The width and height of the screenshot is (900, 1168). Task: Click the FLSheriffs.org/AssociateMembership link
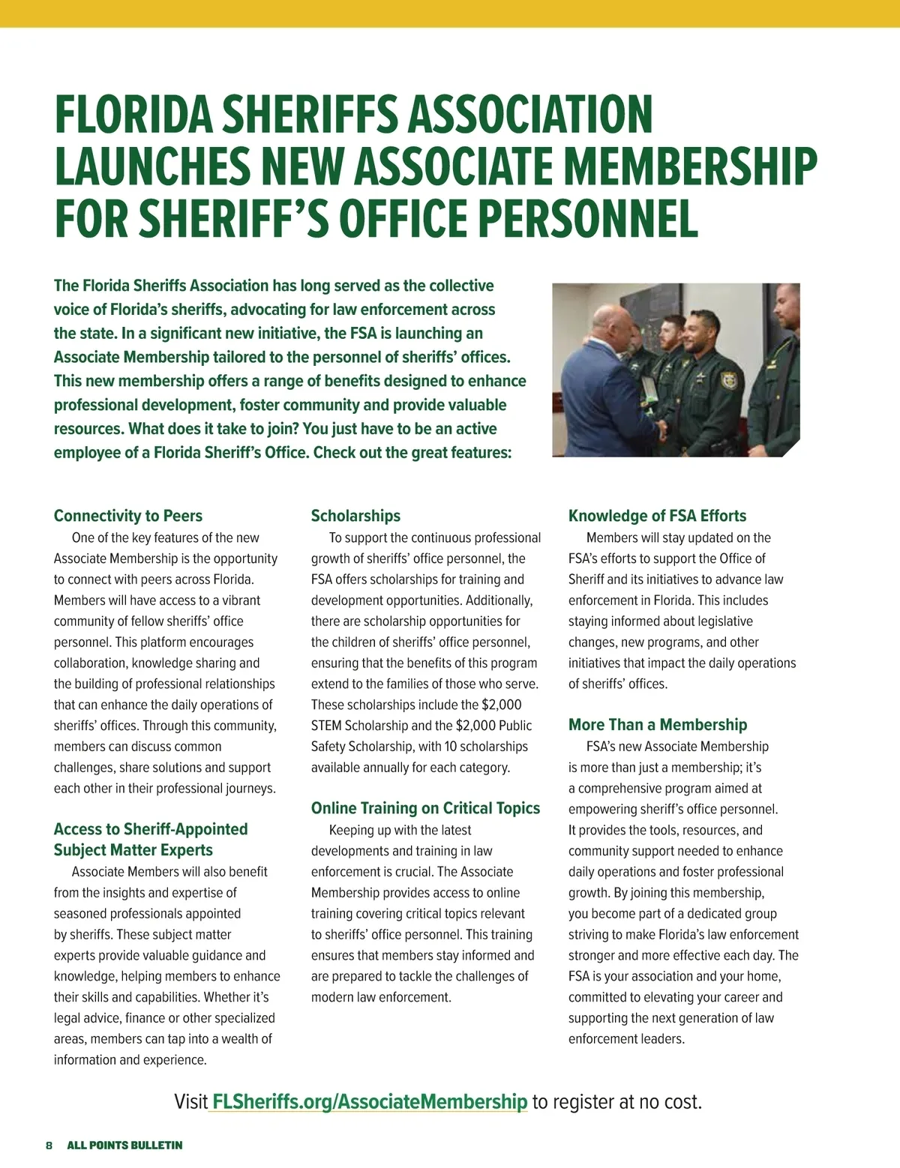[x=370, y=1102]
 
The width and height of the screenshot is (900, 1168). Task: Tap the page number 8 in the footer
[x=49, y=1146]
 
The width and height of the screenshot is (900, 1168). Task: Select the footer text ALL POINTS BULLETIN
[x=124, y=1146]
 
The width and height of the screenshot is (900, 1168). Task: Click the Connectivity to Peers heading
[x=128, y=516]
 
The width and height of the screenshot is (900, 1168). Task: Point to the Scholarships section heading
[x=355, y=516]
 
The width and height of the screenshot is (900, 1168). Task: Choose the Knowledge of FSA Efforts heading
[x=657, y=516]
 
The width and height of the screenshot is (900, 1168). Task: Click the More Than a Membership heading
[x=658, y=725]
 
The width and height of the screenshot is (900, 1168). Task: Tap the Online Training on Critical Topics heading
[x=425, y=808]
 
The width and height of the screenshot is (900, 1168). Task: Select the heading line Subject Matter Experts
[x=133, y=850]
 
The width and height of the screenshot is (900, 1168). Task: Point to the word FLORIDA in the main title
[x=132, y=115]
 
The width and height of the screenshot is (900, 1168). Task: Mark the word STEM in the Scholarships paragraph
[x=326, y=726]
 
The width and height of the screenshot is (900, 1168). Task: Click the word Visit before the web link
[x=190, y=1102]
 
